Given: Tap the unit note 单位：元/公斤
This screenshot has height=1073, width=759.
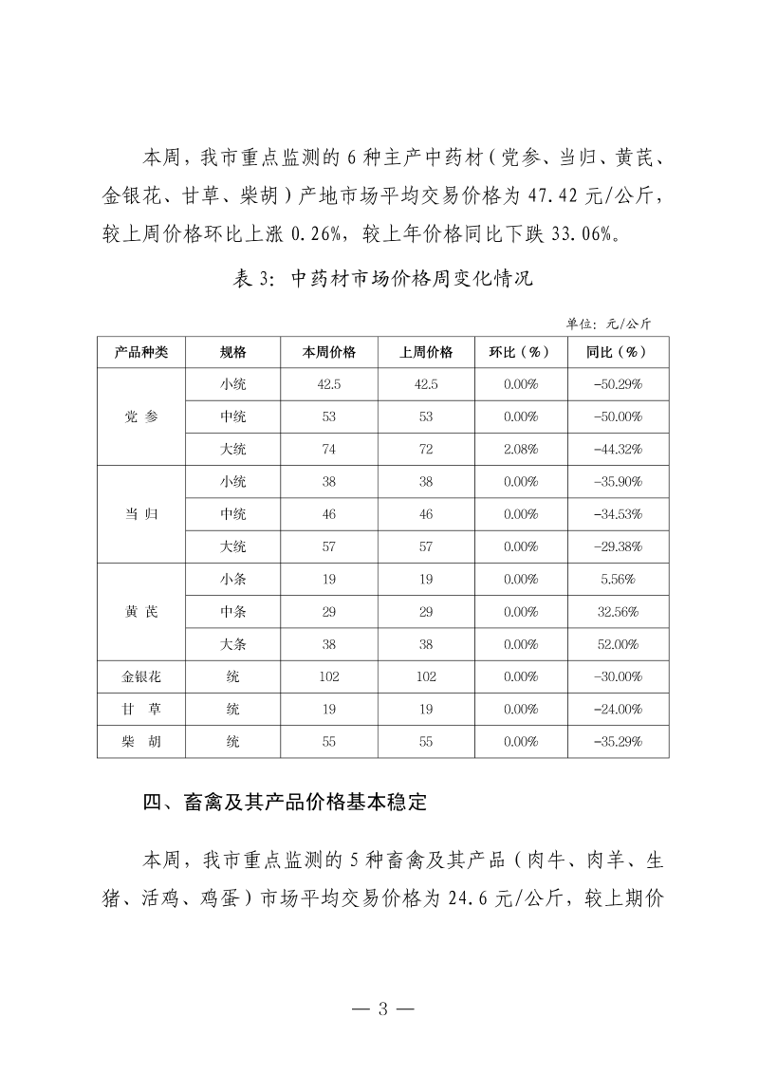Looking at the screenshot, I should pos(608,323).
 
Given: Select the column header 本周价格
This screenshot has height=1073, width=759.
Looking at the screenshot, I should pos(328,352).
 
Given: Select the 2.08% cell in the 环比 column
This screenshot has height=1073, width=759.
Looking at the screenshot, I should pos(521,449).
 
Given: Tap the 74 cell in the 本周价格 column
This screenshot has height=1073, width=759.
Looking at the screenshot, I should pos(328,449).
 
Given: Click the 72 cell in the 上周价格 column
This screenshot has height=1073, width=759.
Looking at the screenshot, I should pos(426,449).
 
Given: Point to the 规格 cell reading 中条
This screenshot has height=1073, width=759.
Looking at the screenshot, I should pos(233,612).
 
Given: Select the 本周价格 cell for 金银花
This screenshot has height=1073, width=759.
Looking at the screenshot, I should pos(328,676).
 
